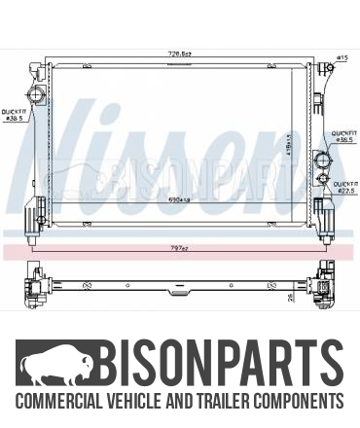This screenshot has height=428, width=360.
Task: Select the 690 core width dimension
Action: pos(176,200)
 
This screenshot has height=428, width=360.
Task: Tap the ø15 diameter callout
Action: pos(342,58)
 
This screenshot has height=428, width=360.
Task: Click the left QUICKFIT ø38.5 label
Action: pos(16,114)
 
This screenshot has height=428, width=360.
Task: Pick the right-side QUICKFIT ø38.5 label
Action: pos(343,137)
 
